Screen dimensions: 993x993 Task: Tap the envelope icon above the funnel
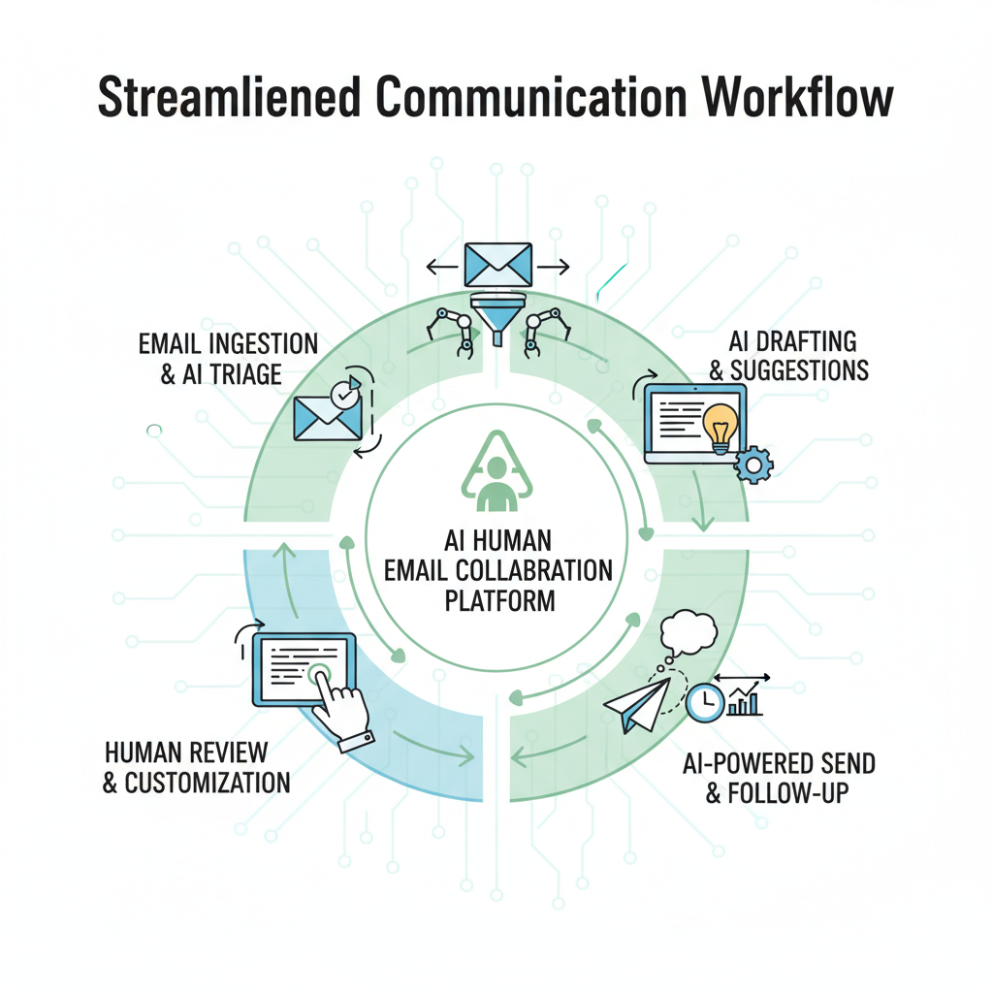[x=497, y=264]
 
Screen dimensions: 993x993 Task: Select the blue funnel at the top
[x=497, y=316]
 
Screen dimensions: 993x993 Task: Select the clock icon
[x=704, y=701]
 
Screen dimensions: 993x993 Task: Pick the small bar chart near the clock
[x=745, y=700]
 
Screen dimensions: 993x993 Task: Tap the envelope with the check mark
[x=329, y=411]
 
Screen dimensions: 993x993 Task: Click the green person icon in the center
[x=496, y=482]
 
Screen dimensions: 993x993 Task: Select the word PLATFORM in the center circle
[x=499, y=600]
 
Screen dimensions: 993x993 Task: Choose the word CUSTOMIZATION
[x=208, y=783]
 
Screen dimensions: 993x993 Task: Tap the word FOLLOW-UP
[x=791, y=793]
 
